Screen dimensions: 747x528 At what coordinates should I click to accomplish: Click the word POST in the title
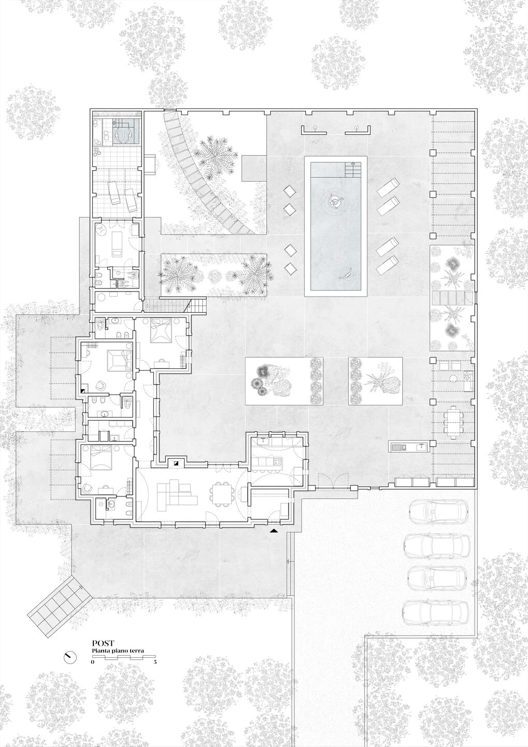[103, 643]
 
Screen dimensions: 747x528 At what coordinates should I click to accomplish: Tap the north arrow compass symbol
[68, 657]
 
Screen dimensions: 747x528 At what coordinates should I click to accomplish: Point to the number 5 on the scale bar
[155, 662]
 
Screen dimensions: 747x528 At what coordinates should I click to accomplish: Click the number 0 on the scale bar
[93, 662]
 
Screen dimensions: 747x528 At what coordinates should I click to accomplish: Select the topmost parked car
[438, 513]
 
